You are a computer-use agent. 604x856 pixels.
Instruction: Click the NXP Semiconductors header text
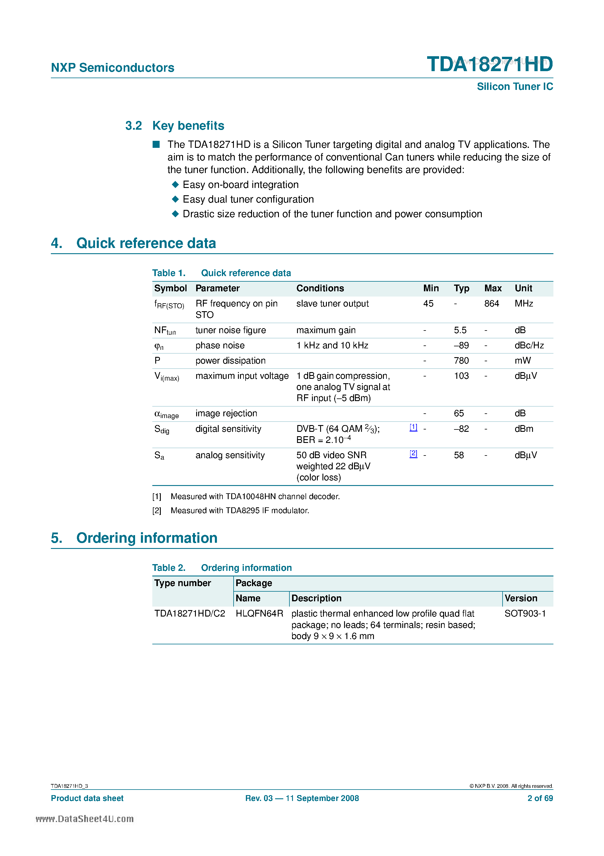pos(113,68)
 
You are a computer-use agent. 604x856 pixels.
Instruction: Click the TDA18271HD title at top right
pos(489,64)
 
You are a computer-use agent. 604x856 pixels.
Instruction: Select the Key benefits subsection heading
pos(188,126)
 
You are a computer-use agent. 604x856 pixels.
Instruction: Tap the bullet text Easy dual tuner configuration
pos(248,199)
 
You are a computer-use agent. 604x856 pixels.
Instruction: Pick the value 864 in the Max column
pos(491,304)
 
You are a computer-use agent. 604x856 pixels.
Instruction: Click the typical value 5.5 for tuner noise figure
pos(460,330)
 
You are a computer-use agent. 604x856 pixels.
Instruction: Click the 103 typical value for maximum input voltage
pos(461,376)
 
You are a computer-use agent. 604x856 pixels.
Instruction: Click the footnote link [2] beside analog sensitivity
pos(413,454)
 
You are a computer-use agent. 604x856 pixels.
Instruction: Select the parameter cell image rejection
pos(226,413)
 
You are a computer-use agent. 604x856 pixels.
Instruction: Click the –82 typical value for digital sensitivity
pos(461,429)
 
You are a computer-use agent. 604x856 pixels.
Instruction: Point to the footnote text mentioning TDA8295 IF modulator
pos(239,510)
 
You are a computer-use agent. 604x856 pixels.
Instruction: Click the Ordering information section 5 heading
pos(146,538)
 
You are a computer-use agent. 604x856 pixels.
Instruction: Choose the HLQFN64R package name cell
pos(259,613)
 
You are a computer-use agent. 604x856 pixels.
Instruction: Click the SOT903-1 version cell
pos(525,613)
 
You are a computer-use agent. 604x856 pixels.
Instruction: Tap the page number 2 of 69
pos(540,798)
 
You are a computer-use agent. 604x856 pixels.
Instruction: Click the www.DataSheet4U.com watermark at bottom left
pos(84,819)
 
